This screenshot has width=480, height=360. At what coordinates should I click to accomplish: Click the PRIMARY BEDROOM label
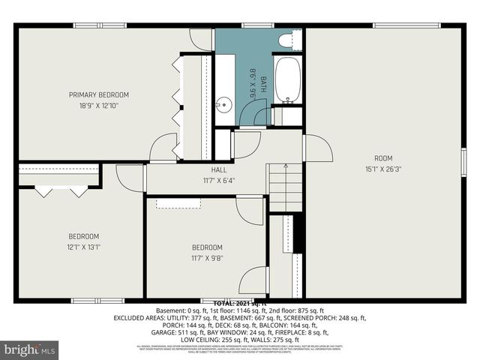pos(99,94)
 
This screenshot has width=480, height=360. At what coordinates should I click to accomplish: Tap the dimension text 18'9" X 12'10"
pos(99,106)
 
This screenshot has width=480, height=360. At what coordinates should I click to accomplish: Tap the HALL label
pos(219,170)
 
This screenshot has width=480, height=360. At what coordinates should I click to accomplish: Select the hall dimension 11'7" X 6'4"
pos(219,180)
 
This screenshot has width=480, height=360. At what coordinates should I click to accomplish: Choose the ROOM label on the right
pos(383,157)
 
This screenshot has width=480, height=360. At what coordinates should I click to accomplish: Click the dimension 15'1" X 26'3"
pos(383,169)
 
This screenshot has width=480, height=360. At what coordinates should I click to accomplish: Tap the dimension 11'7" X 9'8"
pos(206,258)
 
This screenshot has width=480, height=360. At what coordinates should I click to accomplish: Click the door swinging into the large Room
pos(317,148)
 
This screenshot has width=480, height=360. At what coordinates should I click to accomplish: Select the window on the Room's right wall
pos(463,162)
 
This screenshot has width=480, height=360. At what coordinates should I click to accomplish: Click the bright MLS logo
pos(30,349)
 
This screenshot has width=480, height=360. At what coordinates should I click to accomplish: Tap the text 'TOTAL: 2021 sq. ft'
pos(240,301)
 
